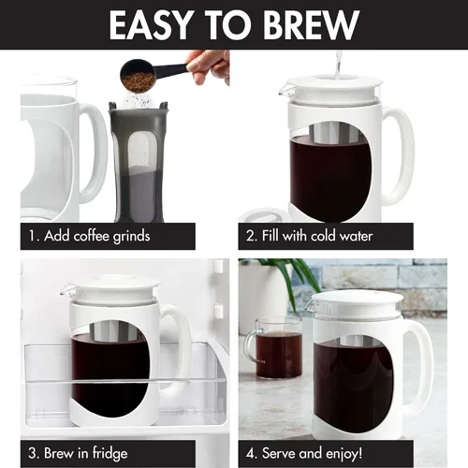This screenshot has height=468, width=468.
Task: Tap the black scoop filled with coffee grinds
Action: [139, 72]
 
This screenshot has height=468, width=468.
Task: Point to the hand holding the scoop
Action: [209, 64]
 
